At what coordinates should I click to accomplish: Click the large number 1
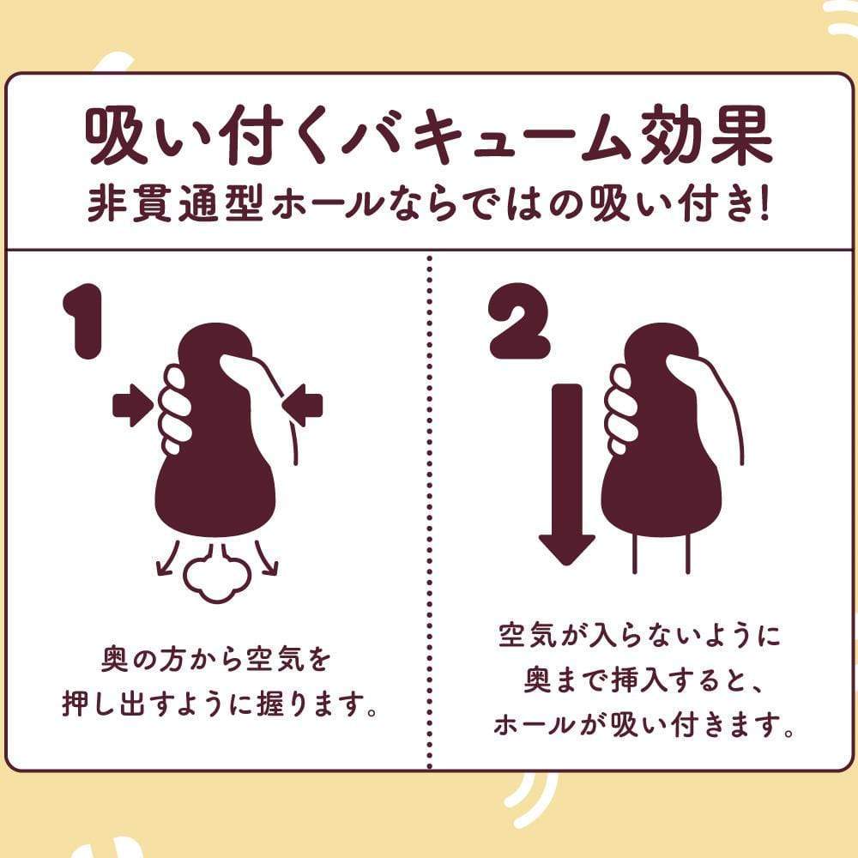point(88,324)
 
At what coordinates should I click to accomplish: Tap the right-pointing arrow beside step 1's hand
point(132,404)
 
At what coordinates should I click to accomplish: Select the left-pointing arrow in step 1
point(302,403)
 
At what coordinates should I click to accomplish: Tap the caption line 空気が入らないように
point(639,637)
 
